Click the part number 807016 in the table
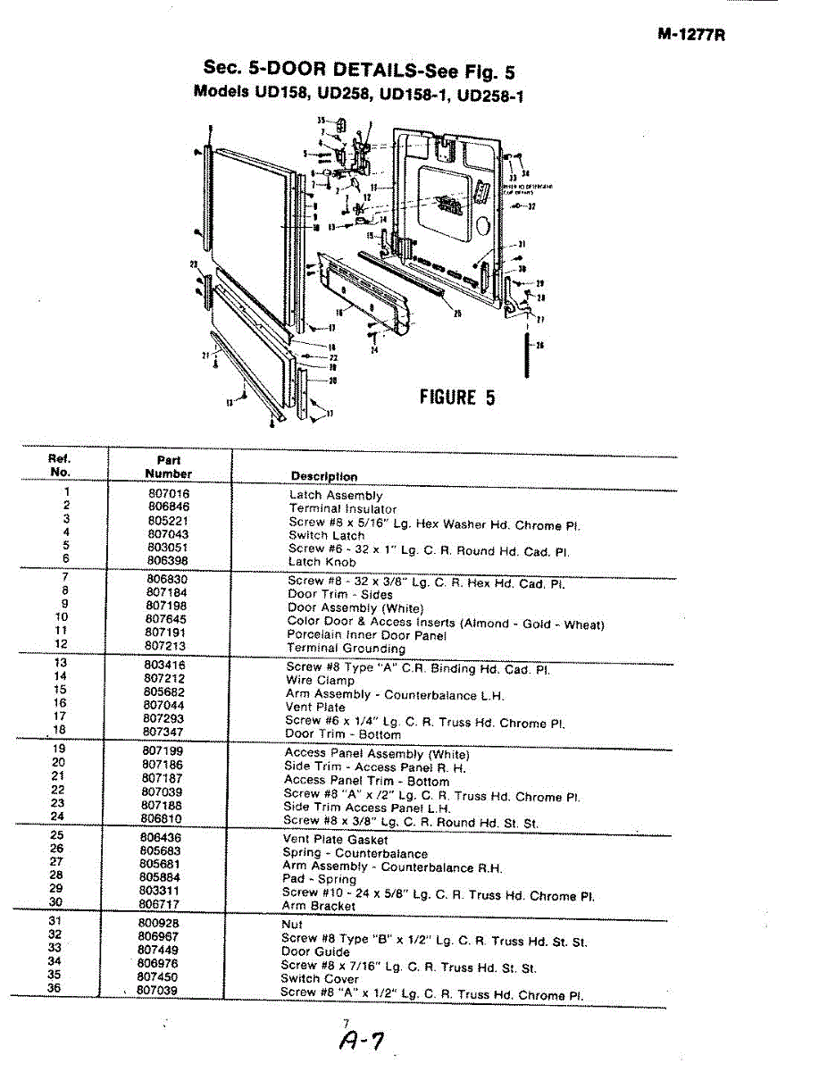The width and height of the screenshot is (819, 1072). click(169, 493)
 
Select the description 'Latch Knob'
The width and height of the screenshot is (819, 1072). click(322, 562)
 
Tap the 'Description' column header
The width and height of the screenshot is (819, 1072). click(324, 476)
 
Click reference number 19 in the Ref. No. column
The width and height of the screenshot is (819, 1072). click(58, 749)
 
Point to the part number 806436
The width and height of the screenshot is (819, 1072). click(161, 837)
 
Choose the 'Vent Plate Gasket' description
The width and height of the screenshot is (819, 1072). click(335, 840)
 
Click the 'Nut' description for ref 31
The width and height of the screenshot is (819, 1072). click(292, 925)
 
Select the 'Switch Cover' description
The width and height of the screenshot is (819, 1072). click(319, 978)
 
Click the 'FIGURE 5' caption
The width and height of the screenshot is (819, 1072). click(457, 398)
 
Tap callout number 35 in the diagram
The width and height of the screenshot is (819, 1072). click(321, 121)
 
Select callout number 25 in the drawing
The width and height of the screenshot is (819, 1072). click(457, 314)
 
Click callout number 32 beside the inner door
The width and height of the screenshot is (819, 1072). click(531, 206)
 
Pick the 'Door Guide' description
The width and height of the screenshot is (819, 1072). click(314, 951)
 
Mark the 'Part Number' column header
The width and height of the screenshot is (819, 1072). click(169, 467)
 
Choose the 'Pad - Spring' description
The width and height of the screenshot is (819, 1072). click(319, 879)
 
